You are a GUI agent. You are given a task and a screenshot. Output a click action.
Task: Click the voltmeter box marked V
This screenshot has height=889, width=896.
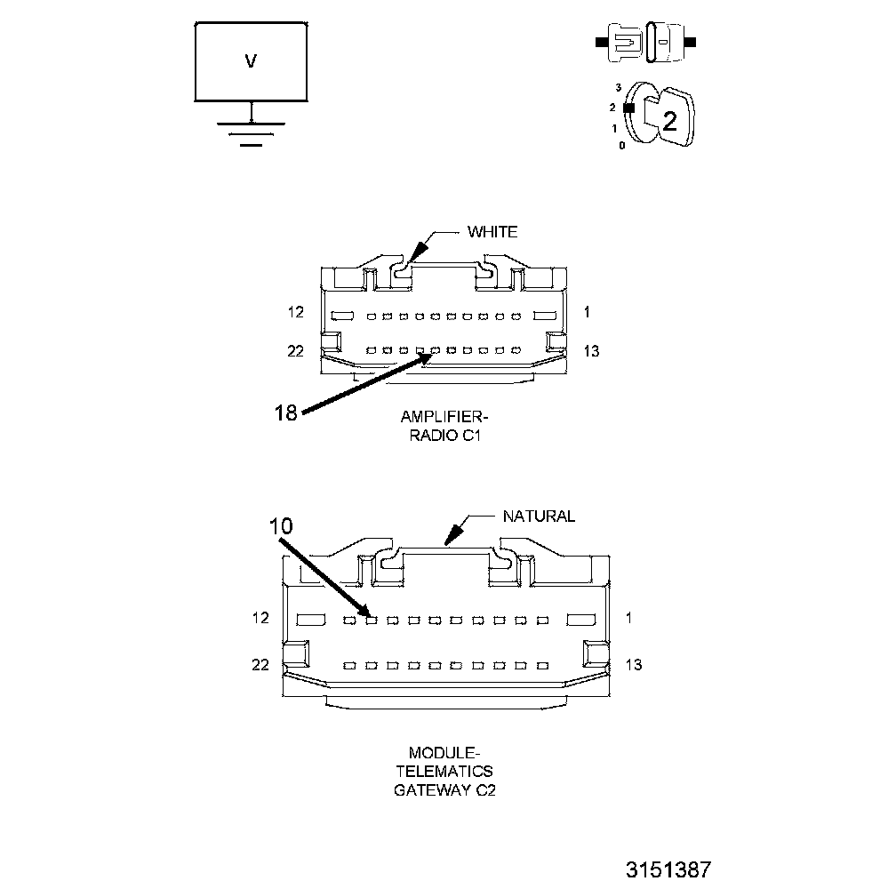click(252, 60)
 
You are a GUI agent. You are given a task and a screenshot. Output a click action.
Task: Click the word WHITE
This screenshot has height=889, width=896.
click(492, 232)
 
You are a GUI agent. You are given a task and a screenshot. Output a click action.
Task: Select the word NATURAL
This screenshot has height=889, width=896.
click(539, 516)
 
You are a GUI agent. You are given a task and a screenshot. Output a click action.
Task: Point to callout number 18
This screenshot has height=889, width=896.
click(285, 412)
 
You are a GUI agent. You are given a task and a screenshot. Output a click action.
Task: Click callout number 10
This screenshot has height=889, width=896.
click(281, 525)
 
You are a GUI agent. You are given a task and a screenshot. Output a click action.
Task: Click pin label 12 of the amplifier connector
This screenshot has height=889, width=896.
click(295, 312)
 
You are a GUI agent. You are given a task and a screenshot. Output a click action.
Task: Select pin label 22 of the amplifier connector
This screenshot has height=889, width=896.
click(295, 351)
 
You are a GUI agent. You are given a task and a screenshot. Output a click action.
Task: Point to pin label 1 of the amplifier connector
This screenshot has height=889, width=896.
click(588, 312)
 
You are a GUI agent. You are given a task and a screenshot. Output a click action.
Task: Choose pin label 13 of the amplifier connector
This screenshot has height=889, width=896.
click(591, 351)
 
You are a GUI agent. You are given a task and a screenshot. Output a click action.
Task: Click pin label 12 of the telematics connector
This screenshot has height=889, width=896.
click(260, 618)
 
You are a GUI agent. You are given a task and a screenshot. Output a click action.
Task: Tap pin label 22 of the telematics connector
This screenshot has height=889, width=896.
click(260, 664)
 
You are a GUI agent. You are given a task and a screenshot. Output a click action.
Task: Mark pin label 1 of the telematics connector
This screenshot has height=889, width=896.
click(628, 618)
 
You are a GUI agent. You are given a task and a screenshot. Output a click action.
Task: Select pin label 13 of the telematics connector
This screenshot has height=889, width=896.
click(634, 664)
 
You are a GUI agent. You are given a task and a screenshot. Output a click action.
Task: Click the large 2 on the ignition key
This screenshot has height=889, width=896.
click(669, 122)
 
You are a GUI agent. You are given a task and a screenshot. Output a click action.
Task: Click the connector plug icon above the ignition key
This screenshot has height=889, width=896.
click(646, 42)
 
